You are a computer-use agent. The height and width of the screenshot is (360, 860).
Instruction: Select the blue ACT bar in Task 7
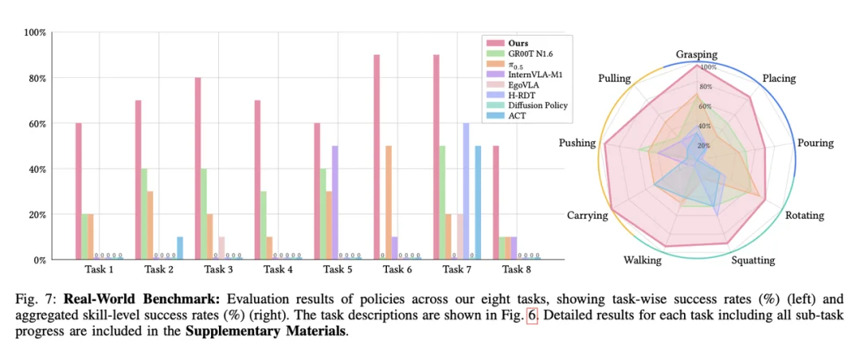click(479, 202)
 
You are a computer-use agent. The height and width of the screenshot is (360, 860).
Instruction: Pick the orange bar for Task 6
click(388, 202)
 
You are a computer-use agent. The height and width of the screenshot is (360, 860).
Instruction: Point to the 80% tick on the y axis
click(37, 78)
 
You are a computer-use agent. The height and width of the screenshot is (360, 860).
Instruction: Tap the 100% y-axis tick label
click(35, 33)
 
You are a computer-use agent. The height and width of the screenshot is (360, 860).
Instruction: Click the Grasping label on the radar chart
click(696, 55)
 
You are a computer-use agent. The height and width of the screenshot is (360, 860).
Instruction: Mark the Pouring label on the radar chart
click(815, 143)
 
